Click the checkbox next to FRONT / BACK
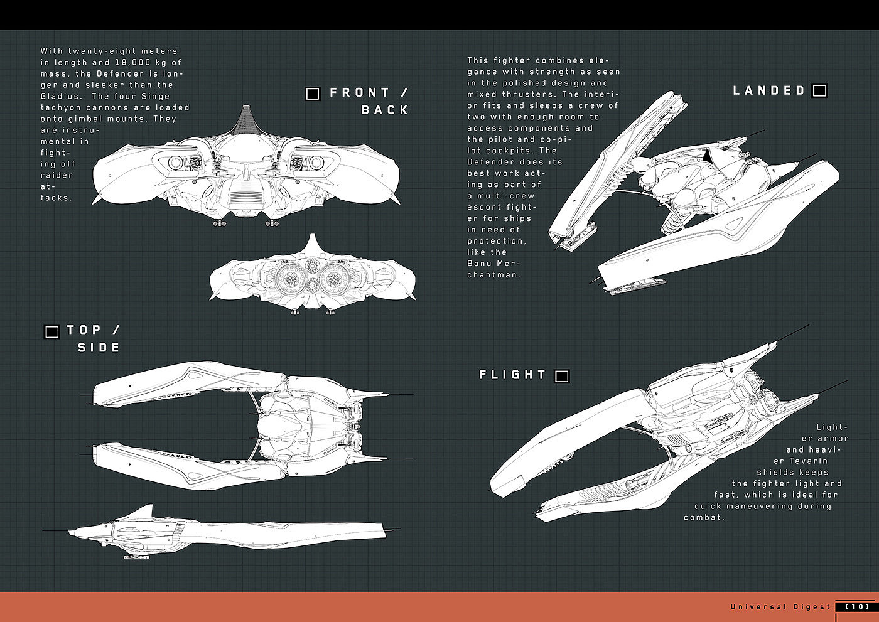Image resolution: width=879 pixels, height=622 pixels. click(313, 94)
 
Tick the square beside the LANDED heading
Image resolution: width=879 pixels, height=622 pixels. click(819, 90)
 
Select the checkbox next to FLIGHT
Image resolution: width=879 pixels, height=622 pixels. click(561, 376)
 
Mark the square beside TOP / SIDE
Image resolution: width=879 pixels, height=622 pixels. click(51, 332)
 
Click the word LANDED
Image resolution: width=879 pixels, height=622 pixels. click(768, 90)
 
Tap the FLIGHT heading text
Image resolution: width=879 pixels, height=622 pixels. click(512, 375)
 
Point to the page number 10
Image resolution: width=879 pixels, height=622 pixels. click(858, 607)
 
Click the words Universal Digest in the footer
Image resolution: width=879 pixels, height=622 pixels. click(780, 607)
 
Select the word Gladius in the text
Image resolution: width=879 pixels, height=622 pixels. click(60, 96)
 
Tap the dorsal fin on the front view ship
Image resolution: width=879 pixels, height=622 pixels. click(246, 119)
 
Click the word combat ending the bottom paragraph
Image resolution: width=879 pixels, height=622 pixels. click(704, 518)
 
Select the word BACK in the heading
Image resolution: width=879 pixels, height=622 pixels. click(385, 110)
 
